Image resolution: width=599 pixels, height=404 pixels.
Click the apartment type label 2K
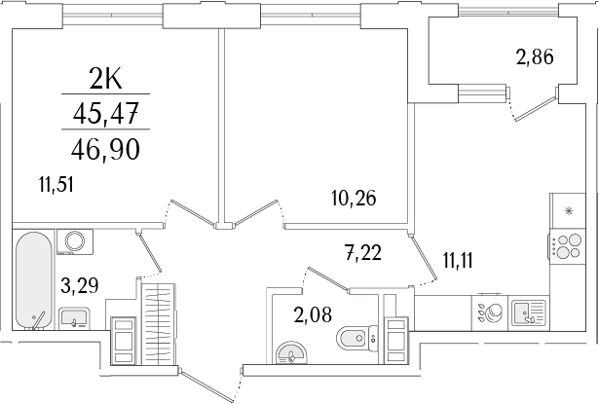pos(106,78)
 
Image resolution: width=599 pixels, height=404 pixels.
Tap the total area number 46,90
pos(106,149)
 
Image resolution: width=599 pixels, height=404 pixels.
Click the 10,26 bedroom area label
pos(351,200)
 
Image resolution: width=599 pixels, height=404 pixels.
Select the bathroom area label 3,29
pos(77,286)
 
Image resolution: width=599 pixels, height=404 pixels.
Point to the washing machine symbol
pos(75,243)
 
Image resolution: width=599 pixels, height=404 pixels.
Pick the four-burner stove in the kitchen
pos(564,246)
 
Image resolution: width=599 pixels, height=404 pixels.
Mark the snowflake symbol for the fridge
pos(568,208)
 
